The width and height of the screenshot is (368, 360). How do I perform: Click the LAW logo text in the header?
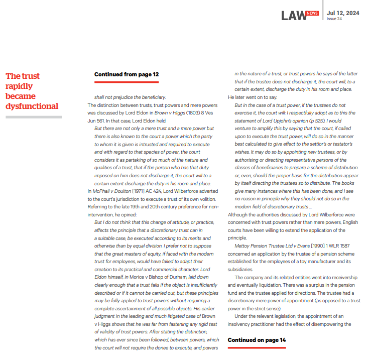(294, 16)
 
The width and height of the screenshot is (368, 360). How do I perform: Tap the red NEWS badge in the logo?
(312, 13)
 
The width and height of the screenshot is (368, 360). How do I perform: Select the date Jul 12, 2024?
(343, 13)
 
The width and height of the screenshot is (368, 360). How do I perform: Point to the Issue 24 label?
(334, 19)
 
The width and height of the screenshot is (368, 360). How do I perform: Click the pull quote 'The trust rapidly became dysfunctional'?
(32, 91)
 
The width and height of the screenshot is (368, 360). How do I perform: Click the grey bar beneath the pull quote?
(34, 117)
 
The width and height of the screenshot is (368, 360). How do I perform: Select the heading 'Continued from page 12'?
(127, 74)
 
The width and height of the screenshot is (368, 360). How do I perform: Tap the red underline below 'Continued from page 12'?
(127, 82)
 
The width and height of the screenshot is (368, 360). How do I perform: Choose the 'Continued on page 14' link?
(257, 340)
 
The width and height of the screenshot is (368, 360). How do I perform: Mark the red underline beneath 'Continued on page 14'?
(257, 347)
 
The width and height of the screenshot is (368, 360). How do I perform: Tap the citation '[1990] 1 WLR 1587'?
(335, 247)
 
